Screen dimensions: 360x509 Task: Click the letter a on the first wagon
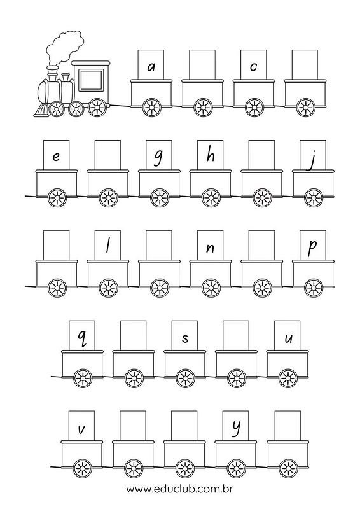pyautogui.click(x=151, y=67)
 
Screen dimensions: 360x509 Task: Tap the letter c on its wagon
pyautogui.click(x=254, y=67)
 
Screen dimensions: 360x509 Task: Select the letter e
pyautogui.click(x=56, y=157)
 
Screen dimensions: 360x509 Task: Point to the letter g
pyautogui.click(x=158, y=158)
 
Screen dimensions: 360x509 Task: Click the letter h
pyautogui.click(x=211, y=155)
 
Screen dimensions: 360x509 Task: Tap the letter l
pyautogui.click(x=107, y=246)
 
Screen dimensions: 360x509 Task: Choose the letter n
pyautogui.click(x=211, y=248)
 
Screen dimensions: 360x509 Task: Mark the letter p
pyautogui.click(x=312, y=248)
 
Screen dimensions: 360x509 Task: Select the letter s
pyautogui.click(x=185, y=338)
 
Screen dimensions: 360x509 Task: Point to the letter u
pyautogui.click(x=288, y=339)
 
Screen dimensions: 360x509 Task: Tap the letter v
pyautogui.click(x=81, y=429)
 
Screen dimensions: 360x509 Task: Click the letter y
pyautogui.click(x=236, y=428)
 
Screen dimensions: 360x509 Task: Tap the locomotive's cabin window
pyautogui.click(x=90, y=79)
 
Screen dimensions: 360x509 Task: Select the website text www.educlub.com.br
pyautogui.click(x=179, y=489)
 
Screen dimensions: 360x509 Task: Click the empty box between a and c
pyautogui.click(x=202, y=64)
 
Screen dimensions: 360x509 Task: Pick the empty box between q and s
pyautogui.click(x=134, y=336)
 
